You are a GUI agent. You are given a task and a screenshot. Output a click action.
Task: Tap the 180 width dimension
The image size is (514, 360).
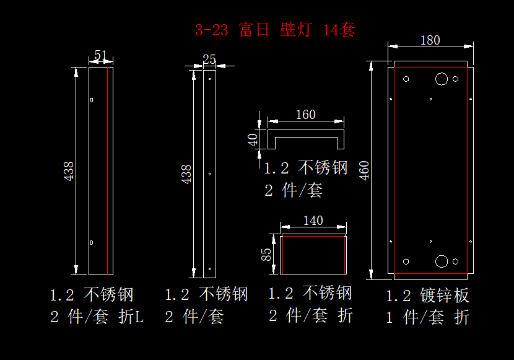pos(430,40)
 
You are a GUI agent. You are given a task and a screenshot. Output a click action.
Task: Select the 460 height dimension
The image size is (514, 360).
pos(364,170)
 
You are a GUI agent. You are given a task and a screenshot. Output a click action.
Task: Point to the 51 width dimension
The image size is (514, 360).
pos(100,56)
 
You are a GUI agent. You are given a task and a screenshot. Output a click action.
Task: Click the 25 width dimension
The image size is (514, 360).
pos(209,59)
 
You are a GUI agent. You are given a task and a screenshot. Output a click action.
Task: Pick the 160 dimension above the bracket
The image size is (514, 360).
pos(305,115)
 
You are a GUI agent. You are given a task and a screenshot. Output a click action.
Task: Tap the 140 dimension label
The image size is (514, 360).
pos(313,221)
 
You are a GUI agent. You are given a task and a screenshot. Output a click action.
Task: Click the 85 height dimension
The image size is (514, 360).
pos(266,254)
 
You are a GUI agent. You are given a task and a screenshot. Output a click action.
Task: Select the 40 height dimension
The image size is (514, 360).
pos(253,139)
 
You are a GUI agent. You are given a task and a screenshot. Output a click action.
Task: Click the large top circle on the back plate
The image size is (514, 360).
pos(442,79)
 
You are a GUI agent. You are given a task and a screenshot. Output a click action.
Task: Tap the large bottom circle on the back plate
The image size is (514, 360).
pos(442,261)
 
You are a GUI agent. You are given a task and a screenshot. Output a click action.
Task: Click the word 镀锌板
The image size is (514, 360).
pos(444,296)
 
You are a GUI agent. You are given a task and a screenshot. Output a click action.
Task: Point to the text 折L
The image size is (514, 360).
pos(131,317)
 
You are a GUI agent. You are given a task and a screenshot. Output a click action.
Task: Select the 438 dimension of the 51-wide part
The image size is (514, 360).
pos(69,170)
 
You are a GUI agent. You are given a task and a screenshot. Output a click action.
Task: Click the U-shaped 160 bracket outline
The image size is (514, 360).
pos(305,133)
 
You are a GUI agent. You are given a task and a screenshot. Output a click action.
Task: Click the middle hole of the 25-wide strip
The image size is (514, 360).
pos(210,173)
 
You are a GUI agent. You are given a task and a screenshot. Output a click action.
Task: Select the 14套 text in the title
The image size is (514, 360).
pos(339,30)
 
